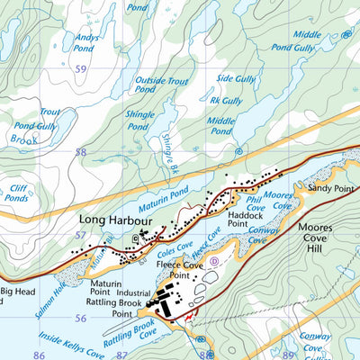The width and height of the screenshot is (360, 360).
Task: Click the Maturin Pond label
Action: pos(162,192)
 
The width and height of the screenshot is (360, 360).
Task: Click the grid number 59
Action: pos(82,68)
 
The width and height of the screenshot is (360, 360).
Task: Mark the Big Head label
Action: pos(17,292)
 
